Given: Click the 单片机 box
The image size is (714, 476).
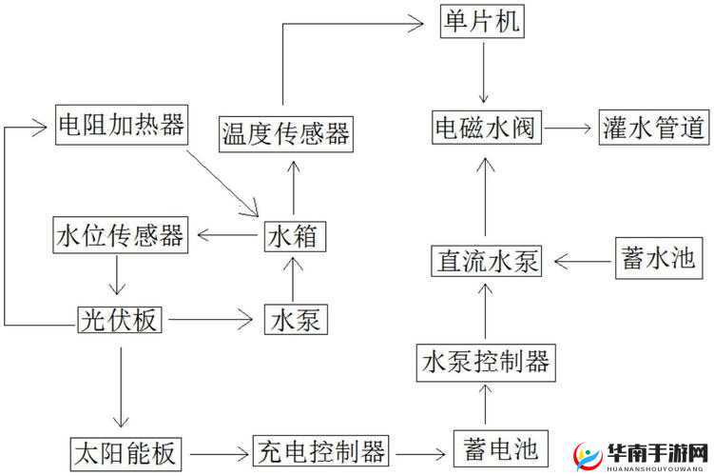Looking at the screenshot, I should coord(482,22).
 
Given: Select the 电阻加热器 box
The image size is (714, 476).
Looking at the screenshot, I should coord(120,125).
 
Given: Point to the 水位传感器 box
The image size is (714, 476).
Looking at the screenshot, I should coord(120,234).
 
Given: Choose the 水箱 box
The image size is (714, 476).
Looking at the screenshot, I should coord(295,234).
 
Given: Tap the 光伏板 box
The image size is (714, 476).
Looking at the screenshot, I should coord(120,319).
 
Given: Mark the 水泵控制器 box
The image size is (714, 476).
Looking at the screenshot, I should coord(485,360).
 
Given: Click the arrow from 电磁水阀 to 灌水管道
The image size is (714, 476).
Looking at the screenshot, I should coord(569,127).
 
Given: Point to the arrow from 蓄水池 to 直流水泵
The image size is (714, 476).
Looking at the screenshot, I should coord(580,259).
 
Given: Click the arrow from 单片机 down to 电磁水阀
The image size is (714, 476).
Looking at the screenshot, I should coord(483,71).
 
